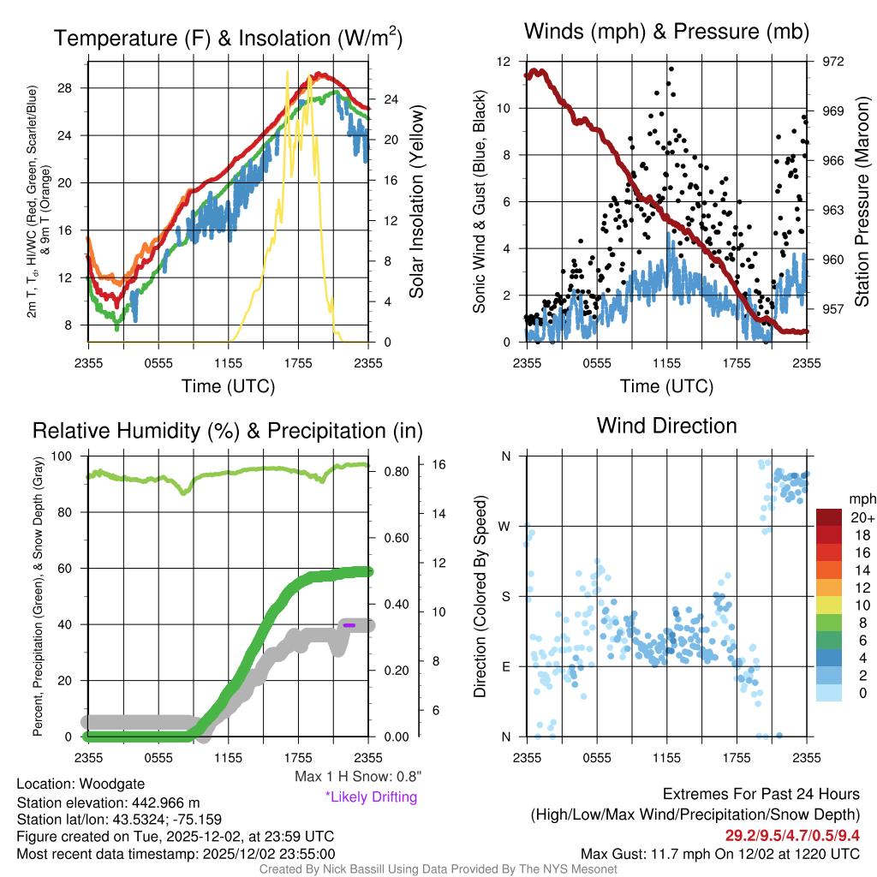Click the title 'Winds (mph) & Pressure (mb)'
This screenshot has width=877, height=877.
pos(666,33)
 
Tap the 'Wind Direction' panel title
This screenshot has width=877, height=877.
pos(666,426)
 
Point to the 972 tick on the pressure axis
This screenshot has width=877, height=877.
pos(833,62)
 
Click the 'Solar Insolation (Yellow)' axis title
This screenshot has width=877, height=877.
pos(417,202)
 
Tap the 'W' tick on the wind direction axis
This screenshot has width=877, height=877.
pos(505,526)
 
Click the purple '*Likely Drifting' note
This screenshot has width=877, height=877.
pos(371,796)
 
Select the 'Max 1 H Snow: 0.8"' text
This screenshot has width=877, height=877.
pos(358,777)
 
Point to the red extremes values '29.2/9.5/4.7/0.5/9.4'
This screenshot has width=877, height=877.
pos(786,835)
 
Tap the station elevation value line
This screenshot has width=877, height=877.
pos(108,802)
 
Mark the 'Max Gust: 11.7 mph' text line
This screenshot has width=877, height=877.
pos(719,854)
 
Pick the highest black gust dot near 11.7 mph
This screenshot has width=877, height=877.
pos(671,69)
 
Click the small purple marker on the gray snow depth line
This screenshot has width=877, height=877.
pos(349,625)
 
